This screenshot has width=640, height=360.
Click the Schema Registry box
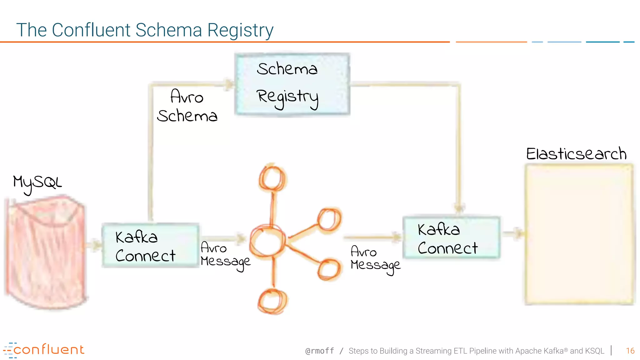(x=292, y=84)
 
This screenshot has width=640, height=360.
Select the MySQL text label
(x=37, y=183)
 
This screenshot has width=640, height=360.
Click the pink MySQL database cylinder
(x=45, y=253)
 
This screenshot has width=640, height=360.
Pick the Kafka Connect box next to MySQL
(x=150, y=246)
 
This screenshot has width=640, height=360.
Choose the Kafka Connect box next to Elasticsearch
(x=451, y=237)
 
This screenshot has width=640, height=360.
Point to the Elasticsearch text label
(x=576, y=154)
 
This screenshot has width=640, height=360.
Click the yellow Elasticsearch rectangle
(x=579, y=234)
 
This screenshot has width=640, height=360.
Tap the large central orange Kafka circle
(x=267, y=241)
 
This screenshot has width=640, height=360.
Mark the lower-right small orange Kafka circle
(x=329, y=269)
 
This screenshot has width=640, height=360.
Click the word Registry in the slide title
(x=240, y=30)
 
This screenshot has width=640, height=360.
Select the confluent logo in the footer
(x=44, y=350)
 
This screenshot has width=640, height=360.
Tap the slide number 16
(x=630, y=351)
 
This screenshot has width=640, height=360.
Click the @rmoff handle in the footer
(x=319, y=351)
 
